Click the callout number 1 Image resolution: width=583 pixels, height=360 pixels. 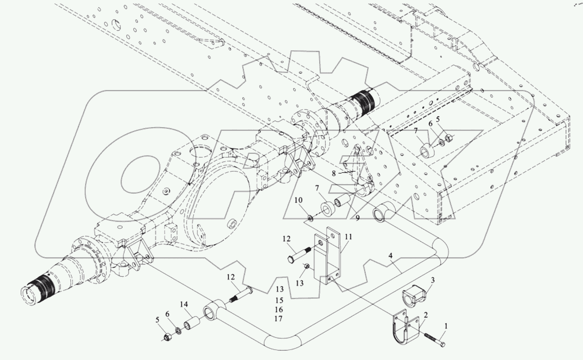pos(445,334)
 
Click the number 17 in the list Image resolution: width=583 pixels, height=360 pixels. pos(278,319)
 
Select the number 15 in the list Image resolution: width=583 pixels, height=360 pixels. pos(278,299)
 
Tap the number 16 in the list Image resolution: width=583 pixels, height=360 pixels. pos(278,309)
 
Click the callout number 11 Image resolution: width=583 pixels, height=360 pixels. pos(349,237)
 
